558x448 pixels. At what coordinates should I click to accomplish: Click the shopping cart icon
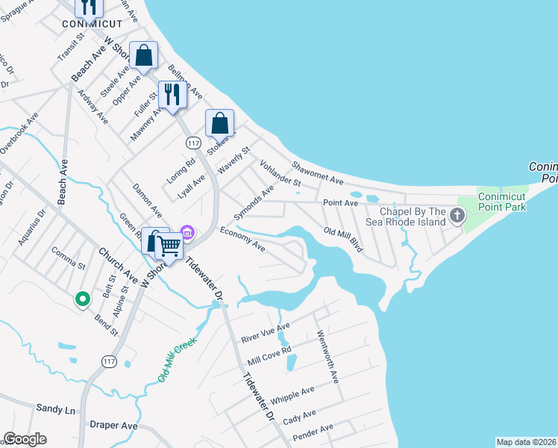click(x=169, y=244)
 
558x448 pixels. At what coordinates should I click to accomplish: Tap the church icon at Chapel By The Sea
click(x=457, y=216)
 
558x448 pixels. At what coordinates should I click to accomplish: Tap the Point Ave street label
click(x=336, y=202)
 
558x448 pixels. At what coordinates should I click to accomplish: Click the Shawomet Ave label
click(x=317, y=175)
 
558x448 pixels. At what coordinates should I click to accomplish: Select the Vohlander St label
click(x=280, y=172)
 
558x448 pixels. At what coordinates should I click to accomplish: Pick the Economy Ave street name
click(x=242, y=239)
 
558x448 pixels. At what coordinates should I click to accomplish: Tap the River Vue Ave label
click(x=265, y=333)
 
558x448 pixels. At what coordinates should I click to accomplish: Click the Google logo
click(x=25, y=439)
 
